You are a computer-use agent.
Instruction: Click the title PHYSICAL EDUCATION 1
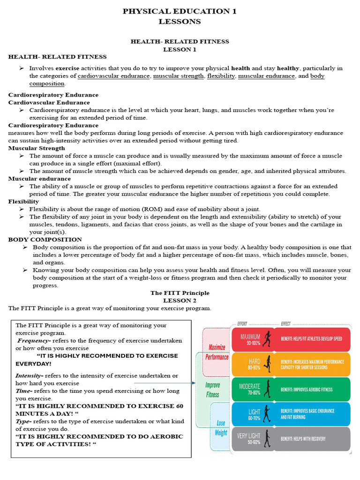180,12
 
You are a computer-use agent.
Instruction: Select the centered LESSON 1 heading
180,49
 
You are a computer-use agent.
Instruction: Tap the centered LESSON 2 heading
180,300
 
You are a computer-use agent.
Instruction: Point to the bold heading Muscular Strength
37,148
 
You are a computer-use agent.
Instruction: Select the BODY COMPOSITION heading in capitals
45,240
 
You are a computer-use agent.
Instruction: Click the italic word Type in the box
24,421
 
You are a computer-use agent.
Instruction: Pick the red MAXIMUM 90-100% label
250,339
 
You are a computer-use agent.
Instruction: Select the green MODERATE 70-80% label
250,389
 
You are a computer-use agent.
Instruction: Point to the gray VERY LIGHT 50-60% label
248,439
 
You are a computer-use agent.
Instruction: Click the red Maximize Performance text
217,352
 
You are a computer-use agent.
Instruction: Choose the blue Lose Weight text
221,427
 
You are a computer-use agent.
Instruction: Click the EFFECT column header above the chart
285,324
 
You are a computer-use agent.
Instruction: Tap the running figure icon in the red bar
267,339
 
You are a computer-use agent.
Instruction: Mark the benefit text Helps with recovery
303,439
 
